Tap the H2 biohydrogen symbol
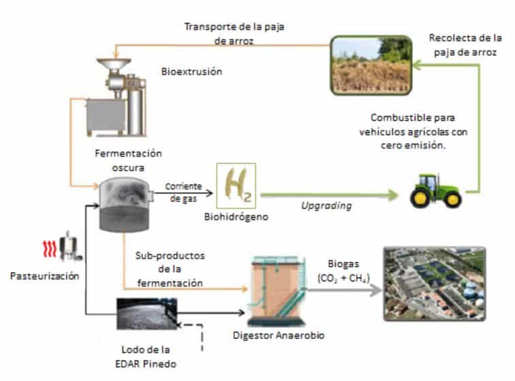tap(235, 185)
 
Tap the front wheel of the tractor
tap(417, 198)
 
